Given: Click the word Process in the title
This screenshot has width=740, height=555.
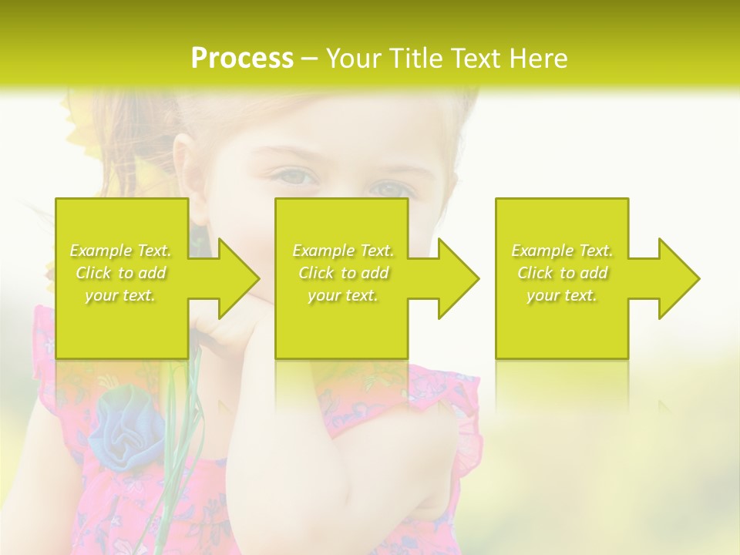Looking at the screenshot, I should [242, 59].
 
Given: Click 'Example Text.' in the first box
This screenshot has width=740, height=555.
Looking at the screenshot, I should [120, 251].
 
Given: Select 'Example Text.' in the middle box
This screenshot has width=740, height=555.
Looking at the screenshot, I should [343, 251].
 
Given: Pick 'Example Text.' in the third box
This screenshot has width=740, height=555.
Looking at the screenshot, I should [562, 251].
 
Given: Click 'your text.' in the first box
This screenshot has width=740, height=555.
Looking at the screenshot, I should [120, 295].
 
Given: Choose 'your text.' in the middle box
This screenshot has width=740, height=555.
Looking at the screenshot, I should [343, 295].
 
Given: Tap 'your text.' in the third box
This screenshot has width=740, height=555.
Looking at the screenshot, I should [562, 295].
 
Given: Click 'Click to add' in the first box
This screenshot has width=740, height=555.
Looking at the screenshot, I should [120, 273].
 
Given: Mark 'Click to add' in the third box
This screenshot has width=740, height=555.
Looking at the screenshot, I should [562, 273].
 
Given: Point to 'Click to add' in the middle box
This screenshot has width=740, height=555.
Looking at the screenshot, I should [343, 273].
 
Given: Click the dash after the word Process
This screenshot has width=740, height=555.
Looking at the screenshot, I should [309, 59].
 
